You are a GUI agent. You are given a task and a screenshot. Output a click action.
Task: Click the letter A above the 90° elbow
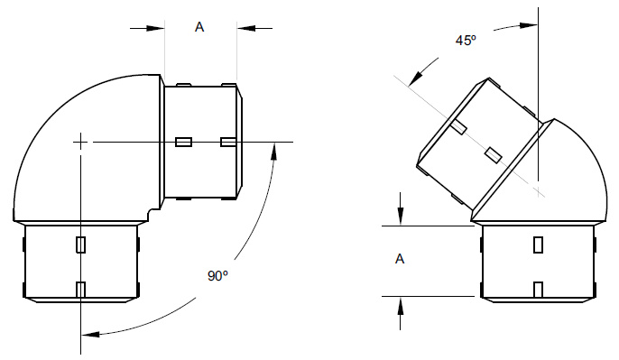point(200,27)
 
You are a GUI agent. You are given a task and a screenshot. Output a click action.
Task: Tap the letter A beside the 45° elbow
point(400,260)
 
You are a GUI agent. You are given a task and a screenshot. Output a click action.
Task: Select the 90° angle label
point(217,277)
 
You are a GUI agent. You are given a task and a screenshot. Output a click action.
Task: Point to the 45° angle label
point(466,41)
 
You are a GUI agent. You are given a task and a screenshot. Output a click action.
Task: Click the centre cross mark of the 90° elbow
point(81,142)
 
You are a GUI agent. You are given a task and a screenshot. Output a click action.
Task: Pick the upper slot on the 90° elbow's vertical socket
point(81,245)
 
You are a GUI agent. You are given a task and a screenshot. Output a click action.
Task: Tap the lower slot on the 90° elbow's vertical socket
point(81,290)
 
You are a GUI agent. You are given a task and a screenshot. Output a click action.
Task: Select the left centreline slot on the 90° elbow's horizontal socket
point(184,142)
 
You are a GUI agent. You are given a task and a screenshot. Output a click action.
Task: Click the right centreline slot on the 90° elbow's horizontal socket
point(228,142)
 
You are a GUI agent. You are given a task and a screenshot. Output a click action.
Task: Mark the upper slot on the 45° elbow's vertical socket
point(539,245)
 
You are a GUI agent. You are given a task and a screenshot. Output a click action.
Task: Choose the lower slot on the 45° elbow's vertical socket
point(539,290)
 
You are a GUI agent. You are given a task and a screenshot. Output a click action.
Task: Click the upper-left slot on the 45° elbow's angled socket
point(459,127)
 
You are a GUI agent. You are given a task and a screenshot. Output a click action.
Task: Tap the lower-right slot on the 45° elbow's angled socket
point(493,155)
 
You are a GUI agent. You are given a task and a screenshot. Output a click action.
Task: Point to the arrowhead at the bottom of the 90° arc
point(88,335)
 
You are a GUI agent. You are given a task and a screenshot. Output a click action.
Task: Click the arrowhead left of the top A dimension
point(158,28)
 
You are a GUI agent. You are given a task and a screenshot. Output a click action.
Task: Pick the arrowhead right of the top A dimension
point(244,28)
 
